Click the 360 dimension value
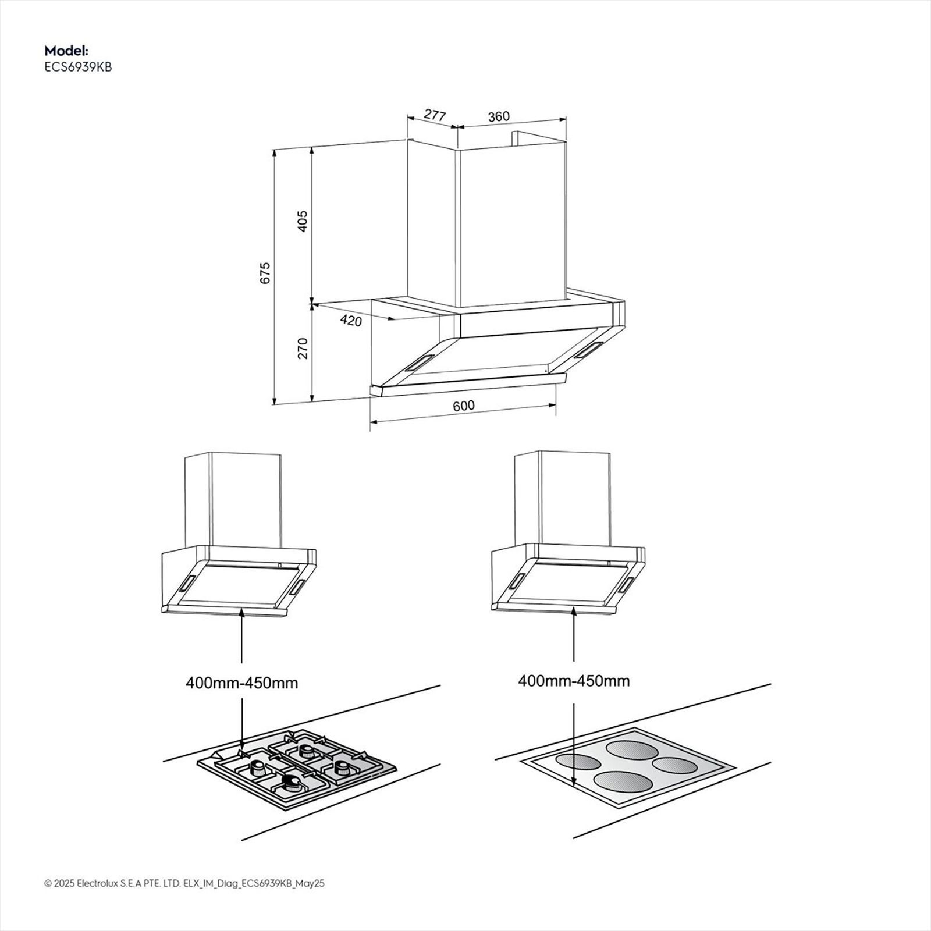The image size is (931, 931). click(x=499, y=116)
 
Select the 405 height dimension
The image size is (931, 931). click(x=303, y=221)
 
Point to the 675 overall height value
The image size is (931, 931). click(x=265, y=273)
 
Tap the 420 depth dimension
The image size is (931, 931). click(x=350, y=320)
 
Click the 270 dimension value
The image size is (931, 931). click(x=303, y=348)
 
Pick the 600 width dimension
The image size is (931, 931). click(x=464, y=406)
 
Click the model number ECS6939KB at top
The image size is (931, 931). click(x=78, y=67)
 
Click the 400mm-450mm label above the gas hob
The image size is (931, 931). click(x=241, y=683)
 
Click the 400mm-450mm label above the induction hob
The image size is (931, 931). click(x=574, y=681)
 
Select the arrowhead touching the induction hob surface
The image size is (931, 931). click(x=574, y=783)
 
